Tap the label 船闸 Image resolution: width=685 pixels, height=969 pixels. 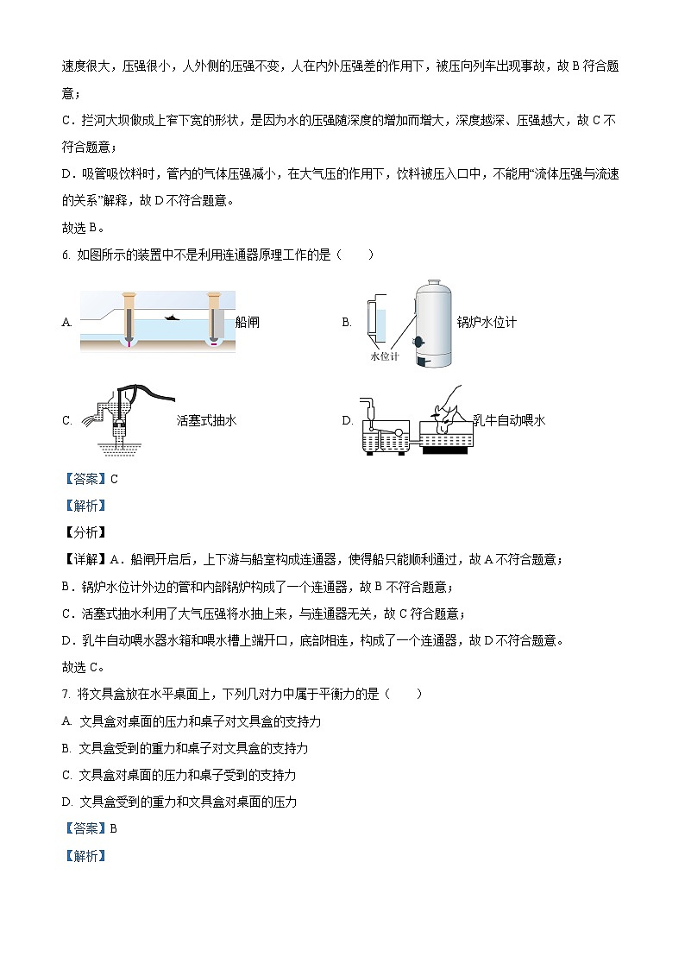(x=247, y=323)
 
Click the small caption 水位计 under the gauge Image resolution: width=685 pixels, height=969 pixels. (x=385, y=356)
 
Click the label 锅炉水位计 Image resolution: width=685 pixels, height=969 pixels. (x=487, y=323)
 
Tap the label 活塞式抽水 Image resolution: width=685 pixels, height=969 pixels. (x=206, y=420)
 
